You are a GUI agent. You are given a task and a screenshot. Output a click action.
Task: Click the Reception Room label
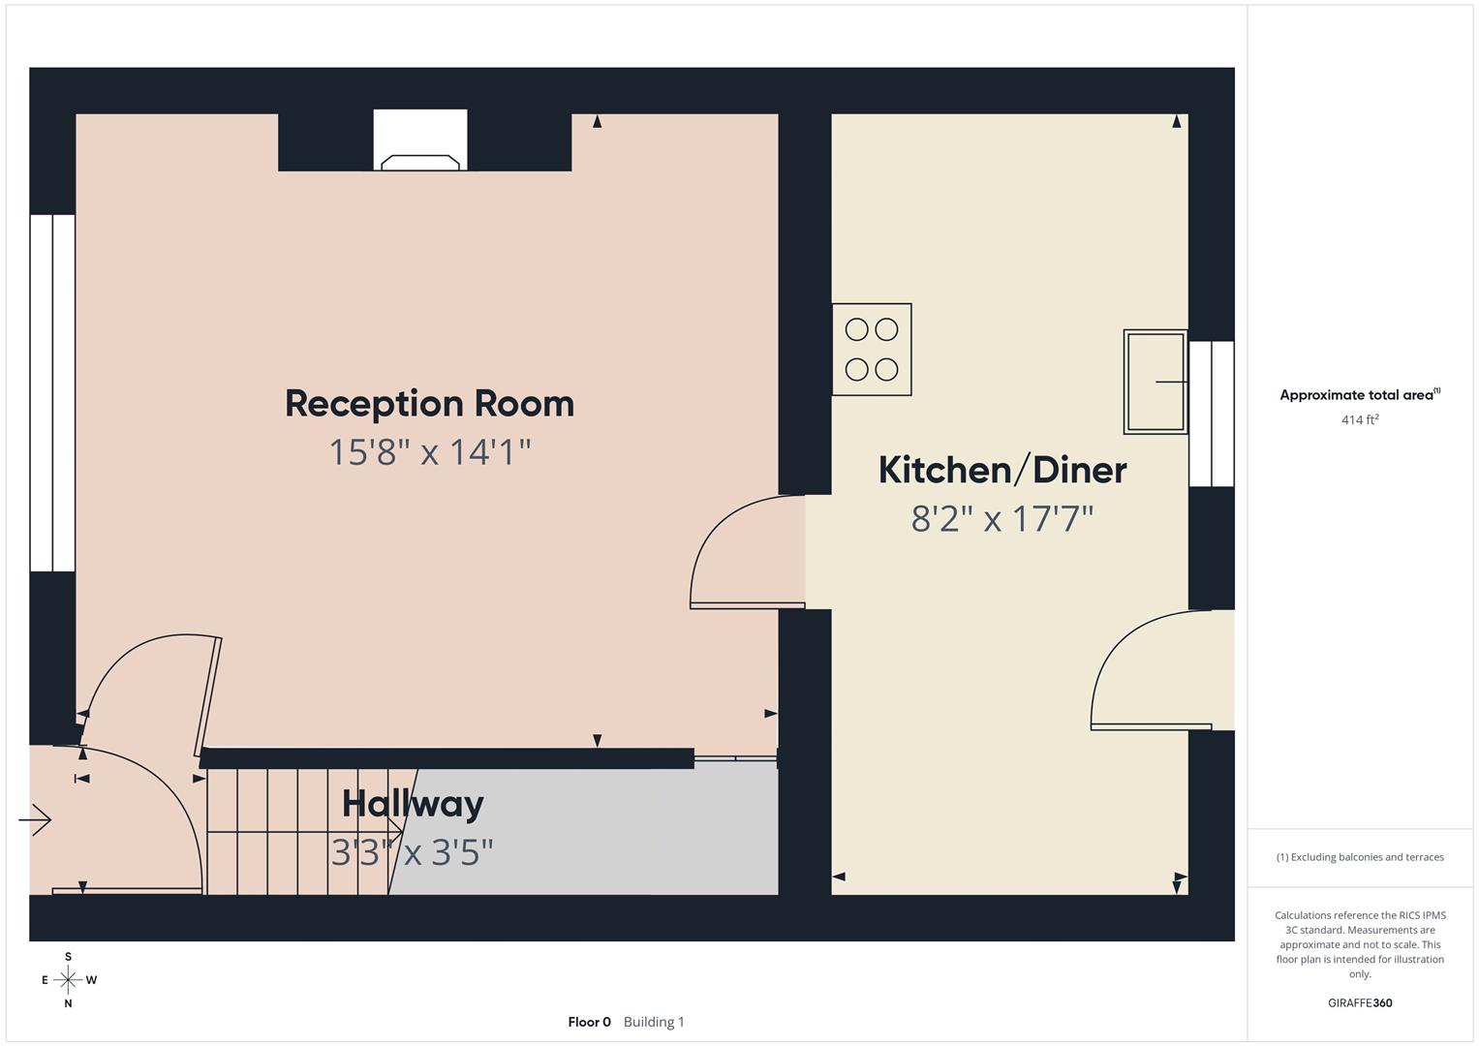coord(429,404)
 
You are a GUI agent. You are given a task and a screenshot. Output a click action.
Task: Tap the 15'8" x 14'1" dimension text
coord(429,452)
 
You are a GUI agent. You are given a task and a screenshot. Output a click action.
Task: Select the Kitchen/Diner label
coord(1001,471)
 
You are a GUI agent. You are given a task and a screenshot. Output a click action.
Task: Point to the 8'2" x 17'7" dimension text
coord(1001,519)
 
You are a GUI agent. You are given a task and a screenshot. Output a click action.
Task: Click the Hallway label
coord(413,804)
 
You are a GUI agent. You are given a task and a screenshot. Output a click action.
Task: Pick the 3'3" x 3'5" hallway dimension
coord(413,852)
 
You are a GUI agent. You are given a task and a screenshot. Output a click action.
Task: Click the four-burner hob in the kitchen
coord(871,350)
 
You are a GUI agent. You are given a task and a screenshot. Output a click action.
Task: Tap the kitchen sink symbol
coord(1155,382)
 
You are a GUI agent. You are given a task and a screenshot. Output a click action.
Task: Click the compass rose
coord(68,980)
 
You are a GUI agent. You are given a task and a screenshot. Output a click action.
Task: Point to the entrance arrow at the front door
coord(35,820)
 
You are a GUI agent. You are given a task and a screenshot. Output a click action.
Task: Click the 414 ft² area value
coord(1359,420)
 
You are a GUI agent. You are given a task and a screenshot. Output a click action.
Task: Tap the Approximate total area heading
coord(1359,395)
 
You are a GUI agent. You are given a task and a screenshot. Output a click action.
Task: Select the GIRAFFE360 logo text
coord(1359,1002)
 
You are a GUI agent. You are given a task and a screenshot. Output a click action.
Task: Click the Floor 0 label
coord(589,1022)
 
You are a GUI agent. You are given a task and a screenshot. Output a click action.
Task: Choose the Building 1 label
coord(654,1022)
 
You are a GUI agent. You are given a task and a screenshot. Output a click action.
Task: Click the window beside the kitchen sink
coord(1211,414)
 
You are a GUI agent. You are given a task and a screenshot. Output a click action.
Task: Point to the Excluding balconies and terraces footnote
coord(1359,857)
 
